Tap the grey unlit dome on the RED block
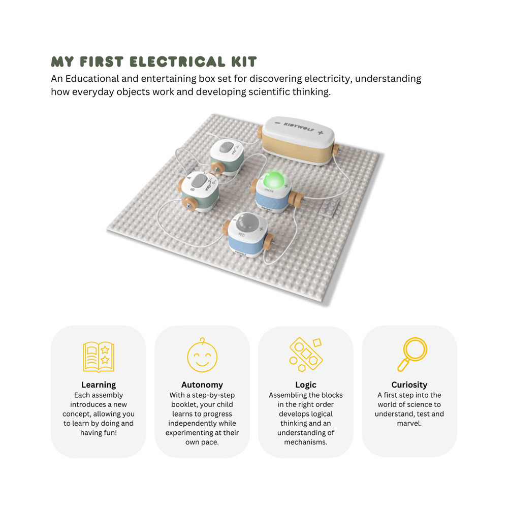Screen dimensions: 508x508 247,222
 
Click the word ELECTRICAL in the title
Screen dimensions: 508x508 178,62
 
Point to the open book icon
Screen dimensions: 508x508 99,357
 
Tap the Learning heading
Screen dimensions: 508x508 99,385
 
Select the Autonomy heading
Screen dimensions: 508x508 202,385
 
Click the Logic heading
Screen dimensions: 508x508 306,385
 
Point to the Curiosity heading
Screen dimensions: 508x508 409,385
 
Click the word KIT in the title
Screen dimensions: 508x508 244,62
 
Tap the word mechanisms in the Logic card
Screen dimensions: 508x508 305,442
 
